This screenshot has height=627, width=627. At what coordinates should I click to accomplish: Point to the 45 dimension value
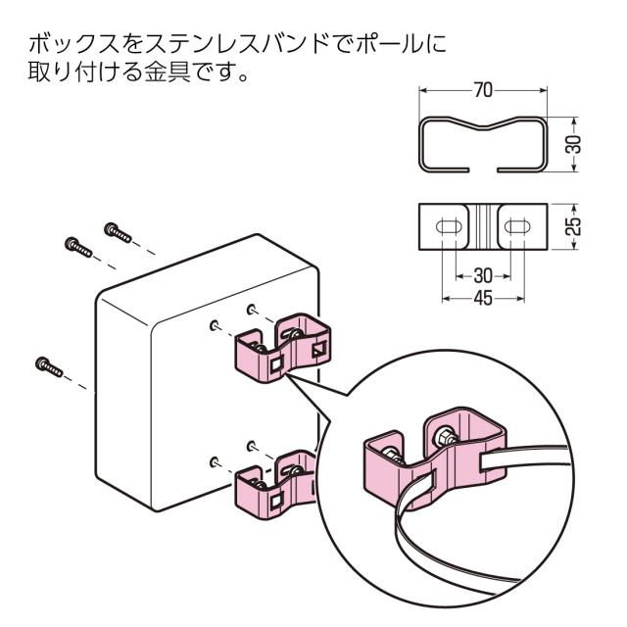[480, 297]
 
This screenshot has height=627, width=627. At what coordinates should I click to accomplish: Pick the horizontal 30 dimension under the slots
[480, 274]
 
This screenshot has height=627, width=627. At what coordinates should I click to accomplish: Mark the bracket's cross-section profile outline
[482, 144]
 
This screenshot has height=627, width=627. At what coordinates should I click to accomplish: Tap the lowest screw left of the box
[50, 365]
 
